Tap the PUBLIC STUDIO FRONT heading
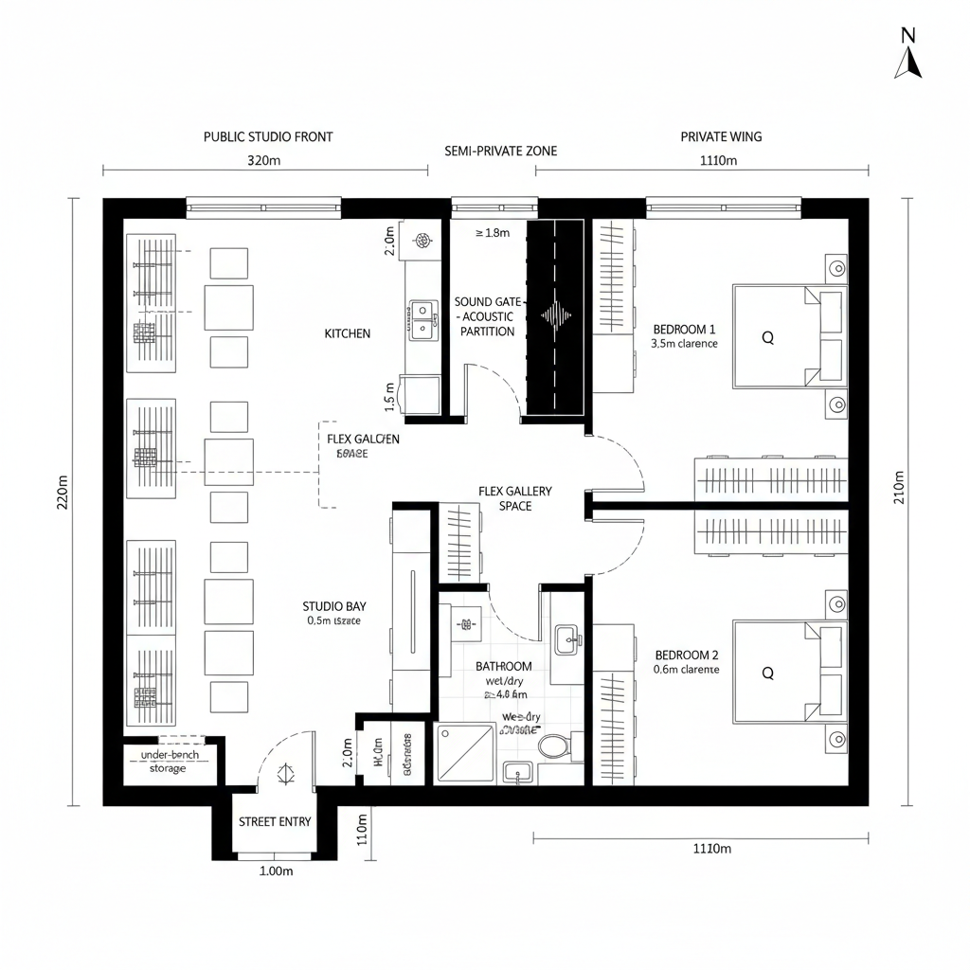coord(268,136)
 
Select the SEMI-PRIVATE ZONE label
coord(500,151)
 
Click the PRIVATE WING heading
coord(721,136)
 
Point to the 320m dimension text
coord(264,160)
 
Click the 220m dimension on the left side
coord(63,492)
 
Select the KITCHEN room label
coord(348,333)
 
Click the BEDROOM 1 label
coord(685,330)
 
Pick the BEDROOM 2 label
coord(687,655)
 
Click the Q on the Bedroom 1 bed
coord(767,337)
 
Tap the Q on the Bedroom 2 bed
coord(767,673)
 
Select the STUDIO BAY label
coord(334,606)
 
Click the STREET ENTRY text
coord(275,821)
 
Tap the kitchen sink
coord(422,319)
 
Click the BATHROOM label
coord(503,666)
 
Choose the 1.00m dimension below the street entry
coord(276,871)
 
